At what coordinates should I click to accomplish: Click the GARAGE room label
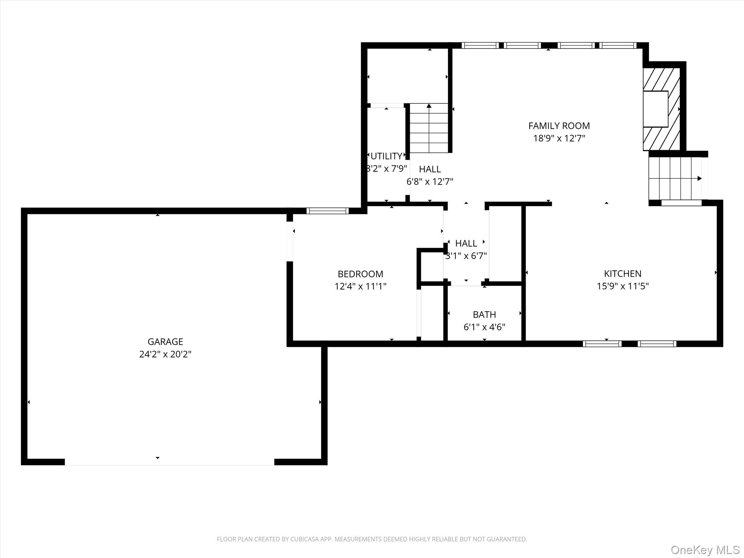pos(165,341)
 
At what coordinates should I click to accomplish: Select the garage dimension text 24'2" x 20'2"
pos(165,354)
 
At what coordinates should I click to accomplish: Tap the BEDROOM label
pos(360,274)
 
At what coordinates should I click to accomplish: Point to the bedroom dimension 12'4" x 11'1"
pos(360,286)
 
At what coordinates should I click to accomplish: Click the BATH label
pos(484,315)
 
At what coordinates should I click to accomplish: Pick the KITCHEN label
pos(623,274)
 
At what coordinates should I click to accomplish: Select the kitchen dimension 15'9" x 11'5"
pos(623,286)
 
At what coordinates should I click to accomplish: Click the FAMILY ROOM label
pos(559,126)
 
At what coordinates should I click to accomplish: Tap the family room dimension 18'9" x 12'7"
pos(559,138)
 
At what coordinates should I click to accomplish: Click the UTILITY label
pos(386,156)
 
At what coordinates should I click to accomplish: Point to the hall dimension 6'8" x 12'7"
pos(430,182)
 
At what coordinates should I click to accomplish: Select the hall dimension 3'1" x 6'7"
pos(466,256)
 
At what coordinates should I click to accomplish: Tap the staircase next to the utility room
pos(429,128)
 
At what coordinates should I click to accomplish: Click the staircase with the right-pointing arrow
pos(676,178)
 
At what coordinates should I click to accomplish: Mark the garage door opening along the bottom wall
pos(169,462)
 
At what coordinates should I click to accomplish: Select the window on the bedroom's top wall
pos(327,211)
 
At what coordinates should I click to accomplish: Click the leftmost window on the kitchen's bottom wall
pos(602,344)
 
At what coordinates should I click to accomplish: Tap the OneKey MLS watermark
pos(705,550)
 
